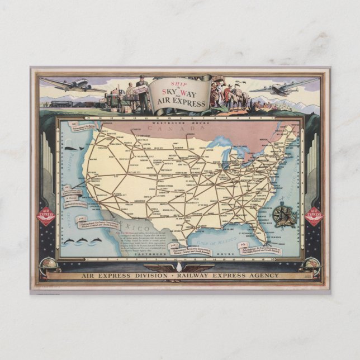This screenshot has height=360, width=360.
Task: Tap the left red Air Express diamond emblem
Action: (x=46, y=216)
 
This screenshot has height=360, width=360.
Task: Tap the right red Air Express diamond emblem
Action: (x=314, y=216)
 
